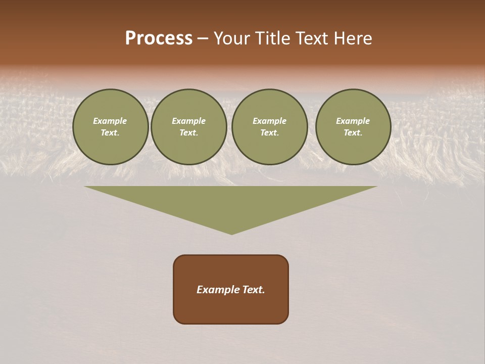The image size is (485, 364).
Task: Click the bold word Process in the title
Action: pos(159,38)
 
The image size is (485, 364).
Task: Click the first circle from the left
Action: pos(111,127)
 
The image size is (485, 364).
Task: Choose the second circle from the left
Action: pos(189,127)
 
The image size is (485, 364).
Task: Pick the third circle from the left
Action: pos(270,127)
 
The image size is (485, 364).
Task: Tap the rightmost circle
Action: pos(353,127)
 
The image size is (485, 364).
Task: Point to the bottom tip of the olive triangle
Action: pos(231,234)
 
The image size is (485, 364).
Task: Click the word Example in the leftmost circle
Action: pos(110,121)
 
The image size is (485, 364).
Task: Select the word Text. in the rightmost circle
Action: pos(353,133)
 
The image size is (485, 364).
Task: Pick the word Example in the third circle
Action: pos(270,121)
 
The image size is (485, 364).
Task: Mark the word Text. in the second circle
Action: pos(189,133)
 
